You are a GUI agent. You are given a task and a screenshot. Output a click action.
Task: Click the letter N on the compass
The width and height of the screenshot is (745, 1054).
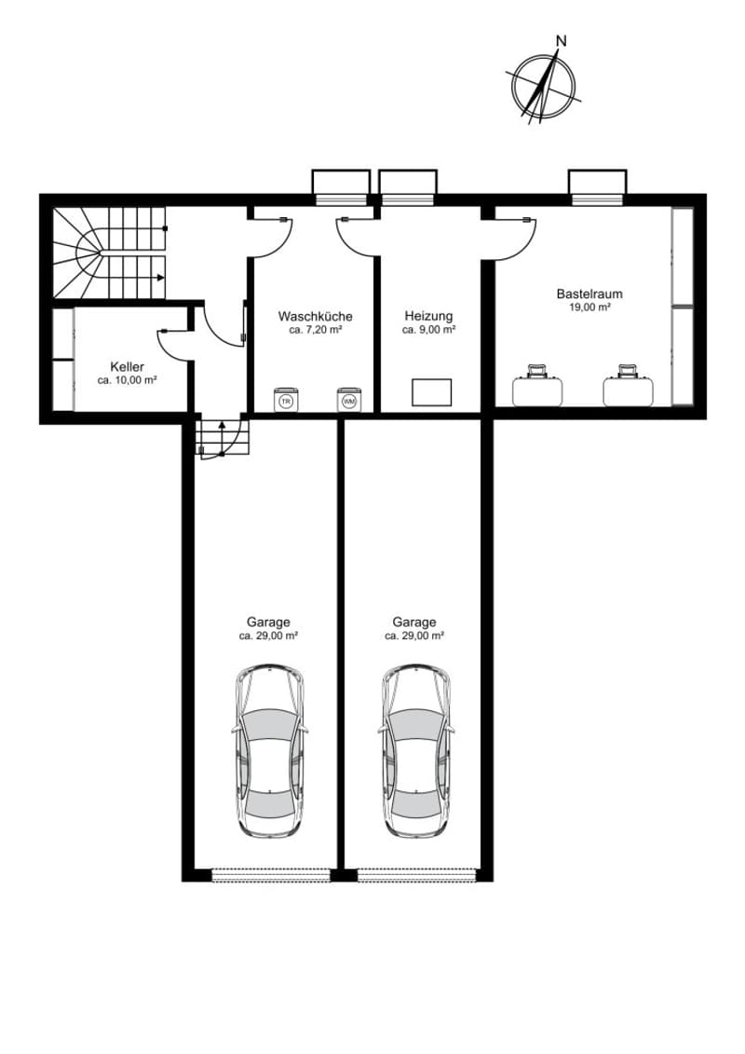pos(561,41)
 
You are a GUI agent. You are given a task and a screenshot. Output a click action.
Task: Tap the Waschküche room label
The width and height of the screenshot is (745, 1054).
pos(315,316)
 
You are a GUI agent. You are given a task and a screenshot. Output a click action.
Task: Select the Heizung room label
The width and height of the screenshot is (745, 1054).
pos(428,316)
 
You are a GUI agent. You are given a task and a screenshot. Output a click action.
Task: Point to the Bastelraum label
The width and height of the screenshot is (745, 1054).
pos(589,294)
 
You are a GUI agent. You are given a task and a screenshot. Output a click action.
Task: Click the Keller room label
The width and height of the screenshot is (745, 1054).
pos(127,367)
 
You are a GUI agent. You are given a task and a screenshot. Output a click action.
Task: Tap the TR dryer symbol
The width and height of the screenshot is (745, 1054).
pos(287,399)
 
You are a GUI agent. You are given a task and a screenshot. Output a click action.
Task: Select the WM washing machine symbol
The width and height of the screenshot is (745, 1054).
pos(349,399)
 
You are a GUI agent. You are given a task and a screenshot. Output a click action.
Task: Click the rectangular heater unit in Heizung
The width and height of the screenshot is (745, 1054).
pos(431,392)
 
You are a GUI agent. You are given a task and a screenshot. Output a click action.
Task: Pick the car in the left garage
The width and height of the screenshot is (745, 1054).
pos(270,751)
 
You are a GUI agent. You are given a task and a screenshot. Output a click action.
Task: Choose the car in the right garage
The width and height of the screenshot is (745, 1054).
pos(416,751)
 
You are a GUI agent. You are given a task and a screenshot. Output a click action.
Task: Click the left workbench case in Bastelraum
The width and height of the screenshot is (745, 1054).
pos(537,388)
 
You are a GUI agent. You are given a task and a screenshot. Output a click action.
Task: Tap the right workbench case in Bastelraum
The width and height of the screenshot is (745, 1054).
pos(628,388)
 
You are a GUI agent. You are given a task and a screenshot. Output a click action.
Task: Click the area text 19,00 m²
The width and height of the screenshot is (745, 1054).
pos(589,308)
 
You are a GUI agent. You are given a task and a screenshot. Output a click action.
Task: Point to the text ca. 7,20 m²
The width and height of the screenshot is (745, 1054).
pos(315,330)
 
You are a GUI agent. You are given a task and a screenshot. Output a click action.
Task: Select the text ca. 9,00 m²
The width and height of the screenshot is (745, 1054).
pos(428,330)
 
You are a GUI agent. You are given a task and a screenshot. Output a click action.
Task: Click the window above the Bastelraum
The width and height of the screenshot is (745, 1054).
pos(597,187)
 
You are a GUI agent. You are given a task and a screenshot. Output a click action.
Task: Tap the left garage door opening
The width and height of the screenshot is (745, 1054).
pos(271,874)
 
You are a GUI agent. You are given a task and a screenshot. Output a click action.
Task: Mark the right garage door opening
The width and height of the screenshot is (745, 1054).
pos(416,874)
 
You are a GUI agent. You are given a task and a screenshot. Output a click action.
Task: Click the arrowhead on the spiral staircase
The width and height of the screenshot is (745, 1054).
pos(160,277)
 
